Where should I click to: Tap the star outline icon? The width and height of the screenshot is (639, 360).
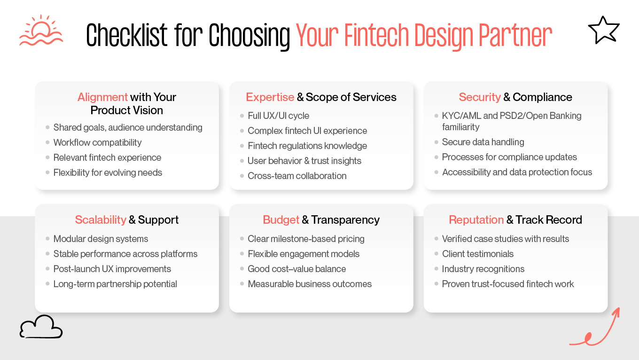pyautogui.click(x=604, y=31)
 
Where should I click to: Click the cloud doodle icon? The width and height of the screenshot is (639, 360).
pyautogui.click(x=41, y=327)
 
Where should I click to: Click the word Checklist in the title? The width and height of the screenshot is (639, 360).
pyautogui.click(x=127, y=35)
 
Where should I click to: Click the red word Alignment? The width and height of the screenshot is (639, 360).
pyautogui.click(x=102, y=97)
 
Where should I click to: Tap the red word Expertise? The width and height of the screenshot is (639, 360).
pyautogui.click(x=270, y=97)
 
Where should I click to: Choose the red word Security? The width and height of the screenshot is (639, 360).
pyautogui.click(x=480, y=97)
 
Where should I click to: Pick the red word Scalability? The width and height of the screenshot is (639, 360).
pyautogui.click(x=101, y=220)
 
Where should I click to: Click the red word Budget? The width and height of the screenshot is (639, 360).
pyautogui.click(x=281, y=220)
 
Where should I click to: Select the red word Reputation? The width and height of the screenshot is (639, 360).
pyautogui.click(x=476, y=220)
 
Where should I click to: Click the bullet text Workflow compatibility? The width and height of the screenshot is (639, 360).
pyautogui.click(x=97, y=142)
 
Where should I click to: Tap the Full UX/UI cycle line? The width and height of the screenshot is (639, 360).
pyautogui.click(x=278, y=116)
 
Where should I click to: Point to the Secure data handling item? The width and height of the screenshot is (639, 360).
pyautogui.click(x=483, y=142)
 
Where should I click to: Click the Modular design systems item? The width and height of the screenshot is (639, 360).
pyautogui.click(x=101, y=239)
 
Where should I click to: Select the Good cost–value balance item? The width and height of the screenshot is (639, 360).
pyautogui.click(x=296, y=269)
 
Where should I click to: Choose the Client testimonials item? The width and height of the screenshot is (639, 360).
pyautogui.click(x=478, y=254)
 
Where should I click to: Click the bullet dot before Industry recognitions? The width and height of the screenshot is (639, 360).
pyautogui.click(x=436, y=269)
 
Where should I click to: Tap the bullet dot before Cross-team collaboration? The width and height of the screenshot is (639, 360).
pyautogui.click(x=242, y=176)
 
